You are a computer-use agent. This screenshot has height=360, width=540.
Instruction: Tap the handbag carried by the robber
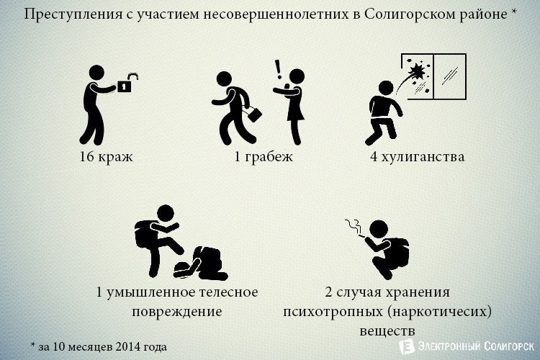255,114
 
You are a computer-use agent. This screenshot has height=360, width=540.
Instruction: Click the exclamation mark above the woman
278,69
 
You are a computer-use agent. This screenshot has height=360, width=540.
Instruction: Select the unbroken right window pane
449,76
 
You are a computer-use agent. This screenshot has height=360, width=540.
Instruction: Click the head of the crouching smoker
379,229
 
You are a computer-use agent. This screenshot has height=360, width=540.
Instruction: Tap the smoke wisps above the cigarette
353,225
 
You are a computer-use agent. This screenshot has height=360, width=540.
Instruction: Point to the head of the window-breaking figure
386,88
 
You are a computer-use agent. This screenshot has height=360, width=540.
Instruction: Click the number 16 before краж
86,157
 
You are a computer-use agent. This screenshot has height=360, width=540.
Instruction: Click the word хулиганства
423,157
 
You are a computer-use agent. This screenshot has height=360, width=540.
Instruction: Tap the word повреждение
177,312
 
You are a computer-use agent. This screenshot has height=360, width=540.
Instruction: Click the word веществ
387,331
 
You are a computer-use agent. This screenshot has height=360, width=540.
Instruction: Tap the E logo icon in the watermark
407,346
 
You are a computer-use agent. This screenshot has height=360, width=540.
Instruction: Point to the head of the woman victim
297,76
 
